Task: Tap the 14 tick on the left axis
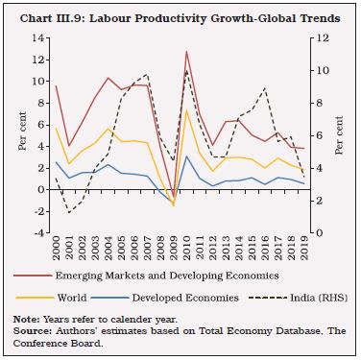pos(39,37)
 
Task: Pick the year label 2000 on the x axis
pos(56,252)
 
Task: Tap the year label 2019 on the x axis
pos(303,252)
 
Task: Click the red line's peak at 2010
pos(186,52)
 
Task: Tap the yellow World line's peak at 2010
pos(186,110)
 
